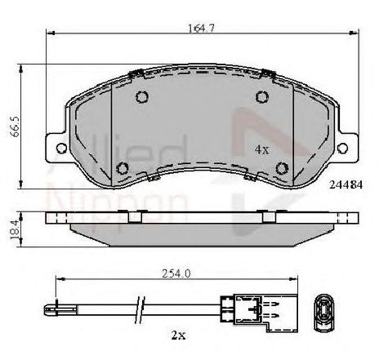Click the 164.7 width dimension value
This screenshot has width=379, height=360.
[x=202, y=29]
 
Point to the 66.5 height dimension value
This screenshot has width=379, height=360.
[x=16, y=127]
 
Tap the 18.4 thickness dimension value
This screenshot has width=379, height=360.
[x=16, y=229]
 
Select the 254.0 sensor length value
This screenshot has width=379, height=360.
[x=176, y=273]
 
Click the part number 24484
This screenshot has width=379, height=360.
[x=346, y=185]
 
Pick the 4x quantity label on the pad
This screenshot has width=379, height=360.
[x=261, y=149]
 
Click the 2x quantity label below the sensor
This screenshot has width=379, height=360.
[x=178, y=335]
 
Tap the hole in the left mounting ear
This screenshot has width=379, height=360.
[x=61, y=148]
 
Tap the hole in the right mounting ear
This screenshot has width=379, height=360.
[x=342, y=148]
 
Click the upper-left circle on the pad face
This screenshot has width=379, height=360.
[x=142, y=96]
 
